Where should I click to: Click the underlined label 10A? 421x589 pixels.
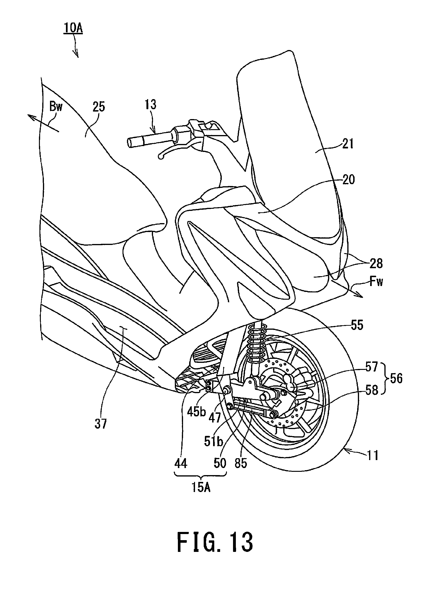tap(73, 28)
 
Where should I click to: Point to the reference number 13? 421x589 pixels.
tap(151, 104)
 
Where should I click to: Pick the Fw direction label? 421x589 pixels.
tap(376, 281)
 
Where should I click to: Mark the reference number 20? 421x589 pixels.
tap(348, 179)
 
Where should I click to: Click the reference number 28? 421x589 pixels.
tap(376, 263)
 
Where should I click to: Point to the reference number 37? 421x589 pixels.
tap(101, 424)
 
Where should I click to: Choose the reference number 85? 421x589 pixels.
tap(241, 463)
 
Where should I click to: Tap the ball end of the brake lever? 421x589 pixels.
tap(161, 156)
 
